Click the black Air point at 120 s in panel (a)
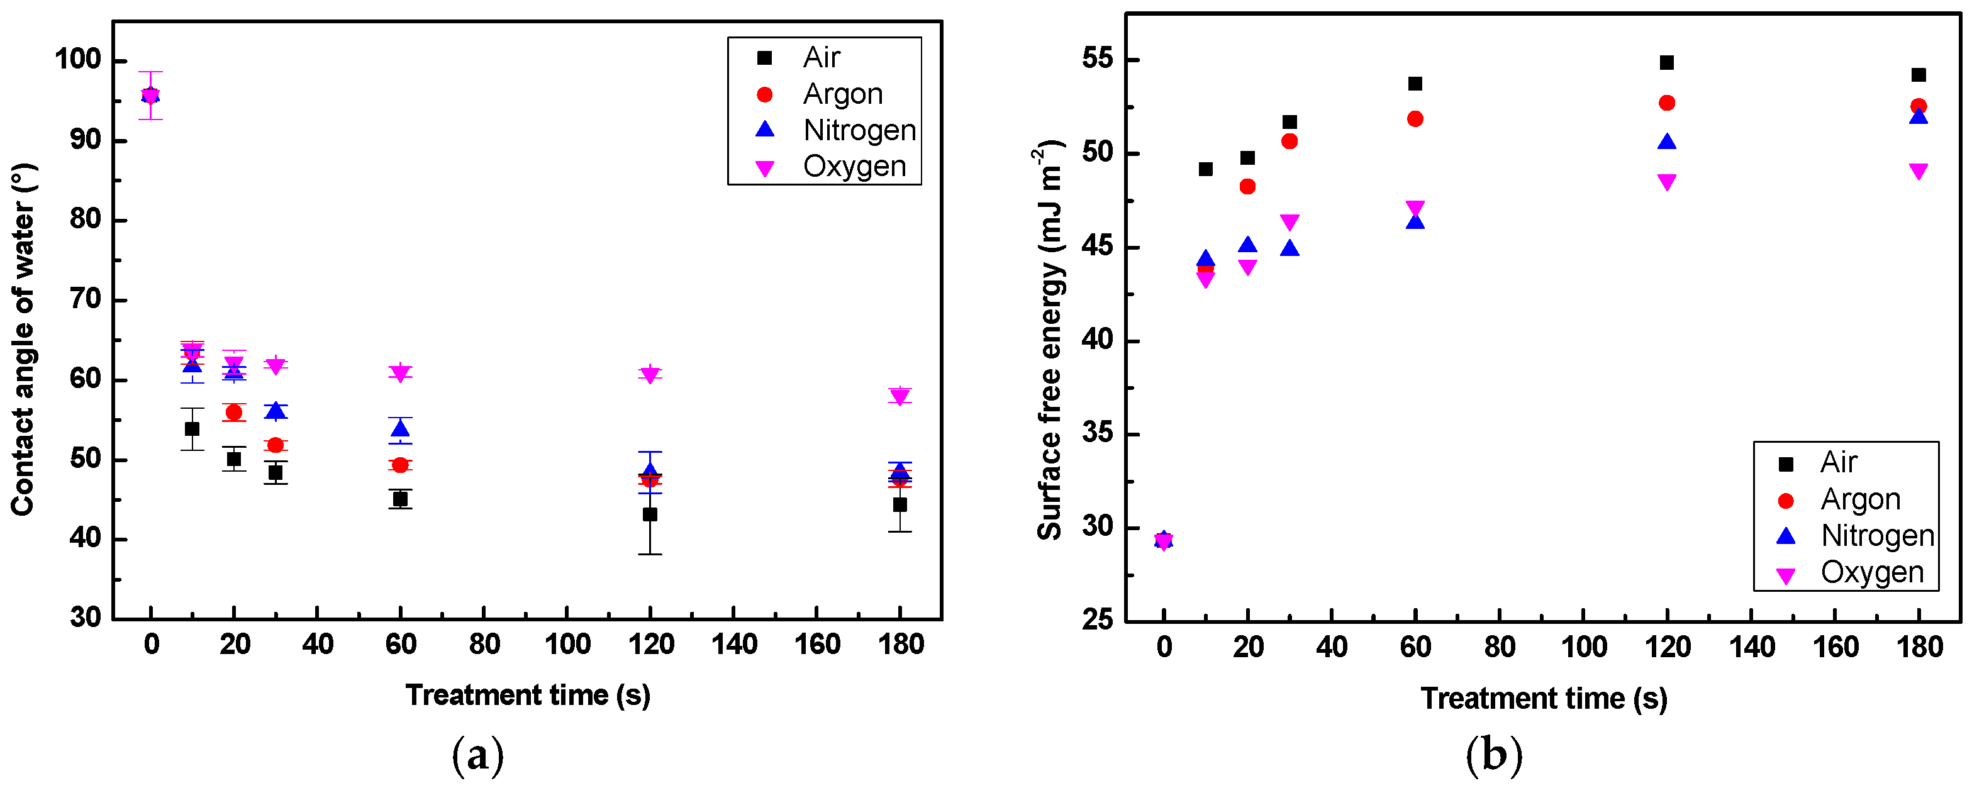pyautogui.click(x=650, y=514)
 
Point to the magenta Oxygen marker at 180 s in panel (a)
pyautogui.click(x=900, y=396)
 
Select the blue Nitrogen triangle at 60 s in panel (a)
pyautogui.click(x=400, y=428)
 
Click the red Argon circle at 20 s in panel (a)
pyautogui.click(x=233, y=413)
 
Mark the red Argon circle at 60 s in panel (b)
pyautogui.click(x=1415, y=119)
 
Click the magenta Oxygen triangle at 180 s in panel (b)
pyautogui.click(x=1919, y=171)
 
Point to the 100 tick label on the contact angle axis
pyautogui.click(x=77, y=60)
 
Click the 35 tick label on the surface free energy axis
pyautogui.click(x=1096, y=434)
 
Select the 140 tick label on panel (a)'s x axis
pyautogui.click(x=733, y=645)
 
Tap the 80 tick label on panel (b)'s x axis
pyautogui.click(x=1499, y=648)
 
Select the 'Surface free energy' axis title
pyautogui.click(x=1049, y=340)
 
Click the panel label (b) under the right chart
pyautogui.click(x=1493, y=755)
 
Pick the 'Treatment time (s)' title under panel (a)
pyautogui.click(x=528, y=696)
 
